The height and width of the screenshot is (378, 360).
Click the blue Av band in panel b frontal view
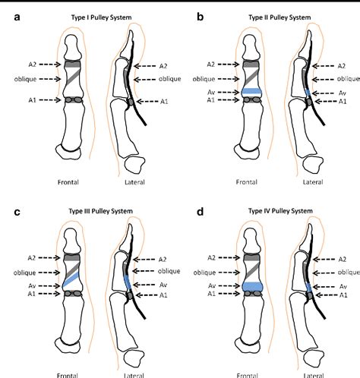(251, 92)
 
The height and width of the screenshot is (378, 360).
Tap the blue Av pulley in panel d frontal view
(251, 286)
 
